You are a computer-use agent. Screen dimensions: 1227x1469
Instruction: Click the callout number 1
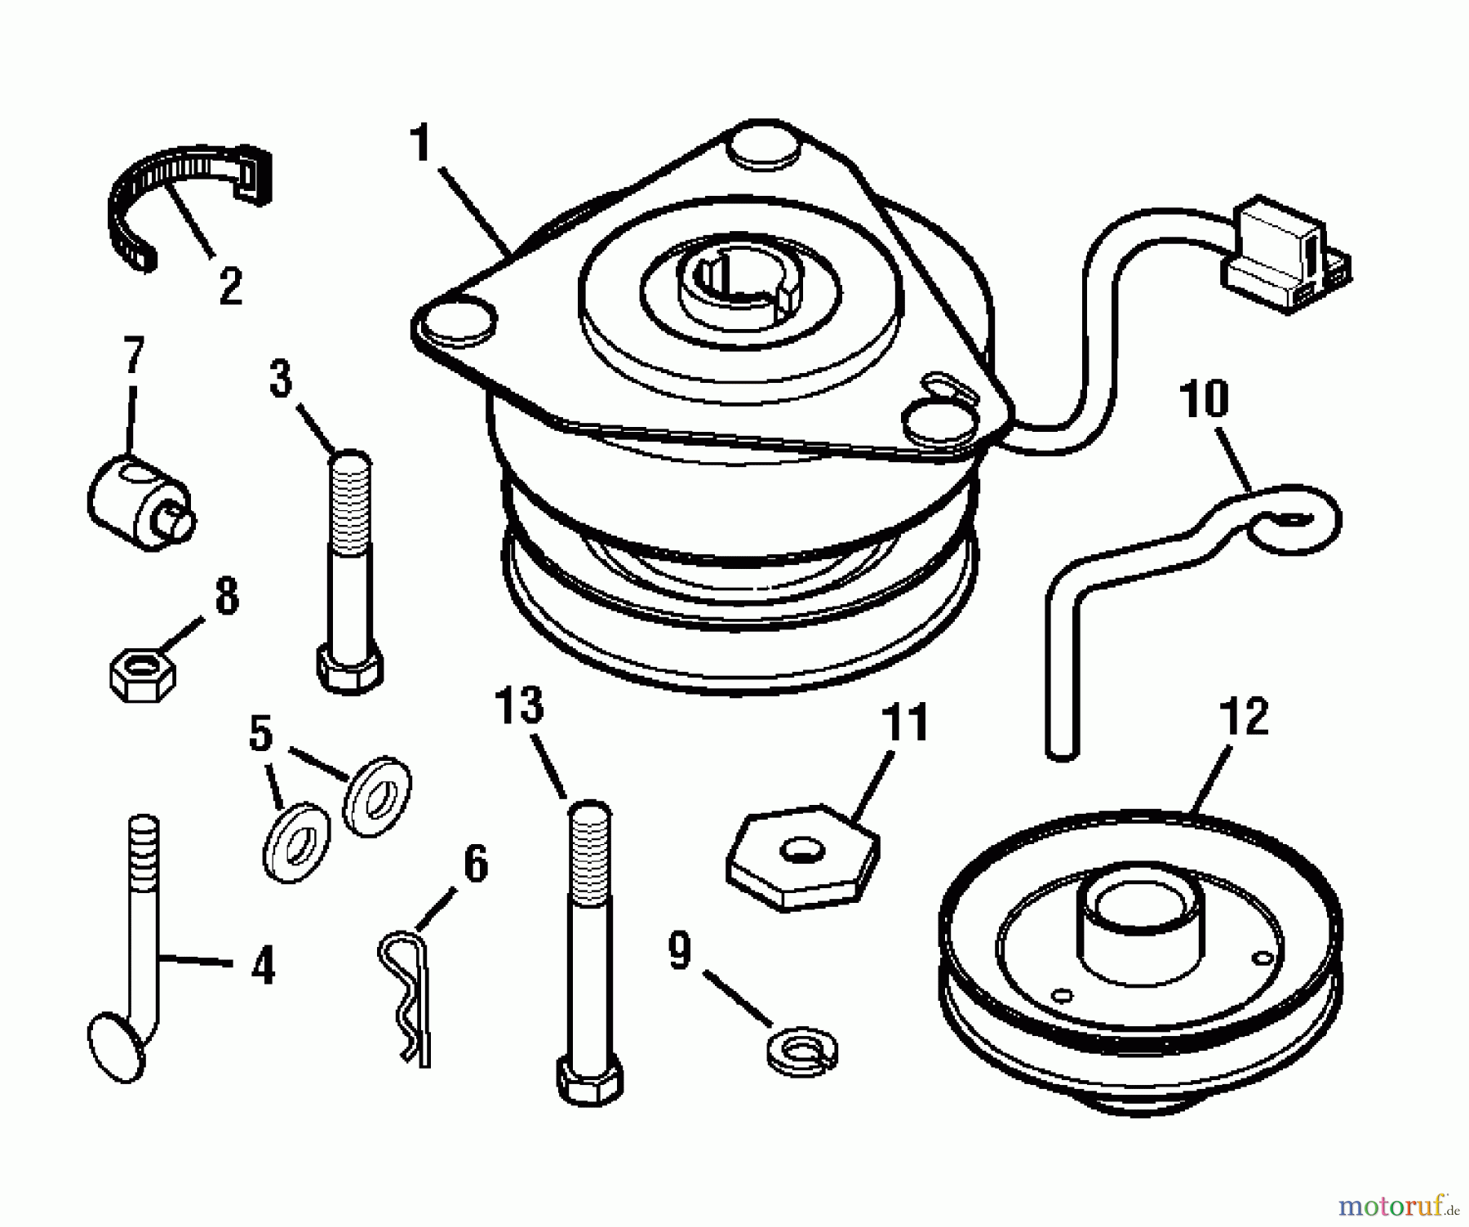click(x=420, y=144)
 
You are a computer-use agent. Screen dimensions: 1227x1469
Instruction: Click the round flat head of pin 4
click(x=116, y=1047)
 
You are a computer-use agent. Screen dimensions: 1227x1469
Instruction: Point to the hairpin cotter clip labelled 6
click(x=406, y=996)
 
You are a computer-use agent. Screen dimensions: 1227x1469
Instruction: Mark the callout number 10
click(x=1204, y=399)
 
